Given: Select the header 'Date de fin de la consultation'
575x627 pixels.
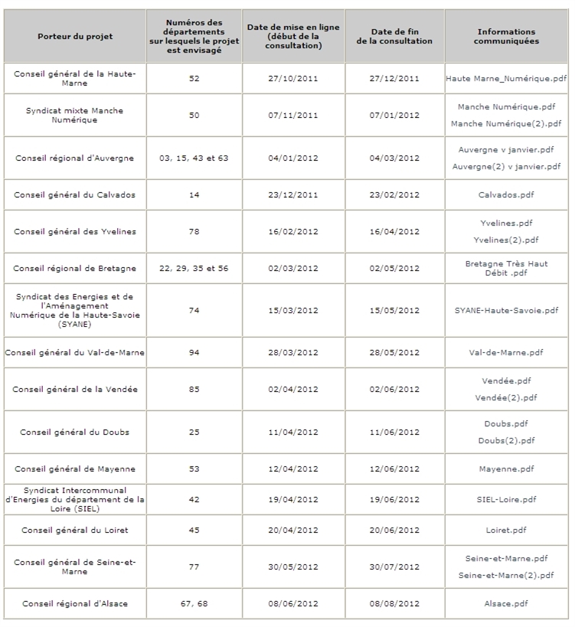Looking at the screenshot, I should coord(394,37).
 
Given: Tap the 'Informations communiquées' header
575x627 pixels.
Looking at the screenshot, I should coord(506,37).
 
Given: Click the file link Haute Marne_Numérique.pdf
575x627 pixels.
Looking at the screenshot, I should coord(506,79).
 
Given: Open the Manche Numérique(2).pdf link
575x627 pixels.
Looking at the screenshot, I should coord(506,124).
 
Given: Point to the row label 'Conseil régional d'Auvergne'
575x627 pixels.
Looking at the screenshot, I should coord(74,158).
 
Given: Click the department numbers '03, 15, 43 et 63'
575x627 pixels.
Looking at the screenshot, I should coord(194,158).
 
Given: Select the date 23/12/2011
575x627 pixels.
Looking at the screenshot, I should coord(293,195).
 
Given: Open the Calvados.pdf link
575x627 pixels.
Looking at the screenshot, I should coord(506,195).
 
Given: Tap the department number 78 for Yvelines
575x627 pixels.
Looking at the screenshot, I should coord(194,232).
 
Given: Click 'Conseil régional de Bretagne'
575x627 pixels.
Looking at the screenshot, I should coord(74,269).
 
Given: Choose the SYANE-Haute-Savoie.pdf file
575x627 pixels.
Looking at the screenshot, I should coord(506,311).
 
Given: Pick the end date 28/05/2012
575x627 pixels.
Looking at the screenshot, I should coord(394,353).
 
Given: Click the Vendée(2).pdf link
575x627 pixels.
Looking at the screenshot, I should coord(506,398).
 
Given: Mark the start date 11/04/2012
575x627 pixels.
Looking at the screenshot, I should coord(293,433).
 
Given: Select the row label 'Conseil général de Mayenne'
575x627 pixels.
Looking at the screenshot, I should coord(74,469).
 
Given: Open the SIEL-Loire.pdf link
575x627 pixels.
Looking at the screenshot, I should coord(506,500).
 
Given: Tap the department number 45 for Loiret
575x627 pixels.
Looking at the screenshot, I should coord(194,531).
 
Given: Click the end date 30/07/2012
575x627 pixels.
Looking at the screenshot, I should coord(394,567).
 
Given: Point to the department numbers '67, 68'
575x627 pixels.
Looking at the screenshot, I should coord(194,604).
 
